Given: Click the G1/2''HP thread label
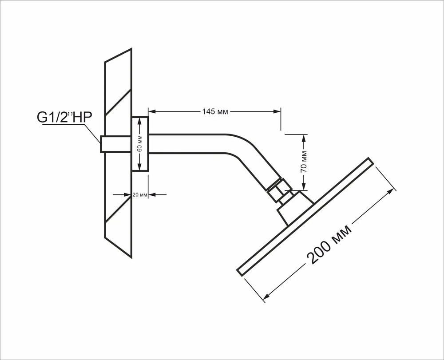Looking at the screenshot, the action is pyautogui.click(x=64, y=118).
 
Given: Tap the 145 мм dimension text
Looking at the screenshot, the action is pyautogui.click(x=215, y=111).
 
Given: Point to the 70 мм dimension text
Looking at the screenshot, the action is pyautogui.click(x=304, y=162).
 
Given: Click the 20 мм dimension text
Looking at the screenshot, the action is pyautogui.click(x=140, y=195).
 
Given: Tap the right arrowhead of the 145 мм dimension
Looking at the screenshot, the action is pyautogui.click(x=277, y=111).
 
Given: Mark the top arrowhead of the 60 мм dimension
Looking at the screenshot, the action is pyautogui.click(x=139, y=122).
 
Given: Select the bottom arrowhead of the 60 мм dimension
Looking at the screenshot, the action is pyautogui.click(x=139, y=167).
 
